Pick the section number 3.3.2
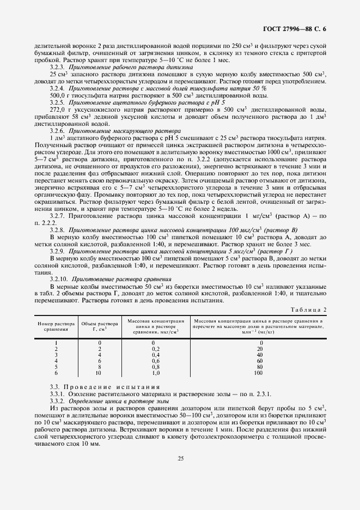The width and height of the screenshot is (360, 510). [x=57, y=400]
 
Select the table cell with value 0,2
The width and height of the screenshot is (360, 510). [x=155, y=349]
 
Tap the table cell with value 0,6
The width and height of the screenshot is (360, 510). [x=155, y=361]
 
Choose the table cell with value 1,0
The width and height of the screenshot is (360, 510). [x=155, y=373]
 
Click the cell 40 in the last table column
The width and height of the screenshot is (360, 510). [x=259, y=355]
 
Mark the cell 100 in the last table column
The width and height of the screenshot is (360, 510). [x=259, y=373]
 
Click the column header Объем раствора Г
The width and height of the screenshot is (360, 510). [x=99, y=326]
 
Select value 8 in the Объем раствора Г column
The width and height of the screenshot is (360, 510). [x=99, y=367]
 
